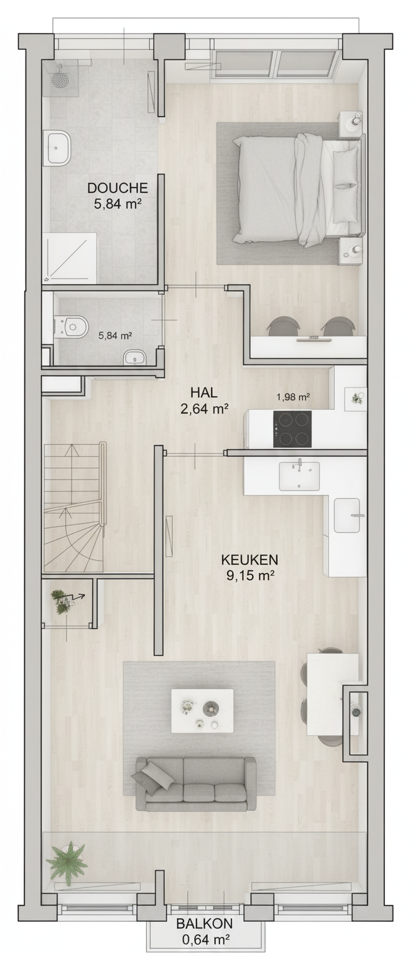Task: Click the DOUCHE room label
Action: [118, 188]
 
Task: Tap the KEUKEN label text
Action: [249, 560]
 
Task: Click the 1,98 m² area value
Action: [292, 397]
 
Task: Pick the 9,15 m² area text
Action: [250, 576]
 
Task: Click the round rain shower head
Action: [59, 77]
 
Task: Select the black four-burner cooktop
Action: [292, 429]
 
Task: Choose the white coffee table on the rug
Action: [202, 710]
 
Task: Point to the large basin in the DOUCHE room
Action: [58, 148]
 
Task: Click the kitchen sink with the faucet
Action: [299, 476]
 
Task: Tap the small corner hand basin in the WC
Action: [134, 359]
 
